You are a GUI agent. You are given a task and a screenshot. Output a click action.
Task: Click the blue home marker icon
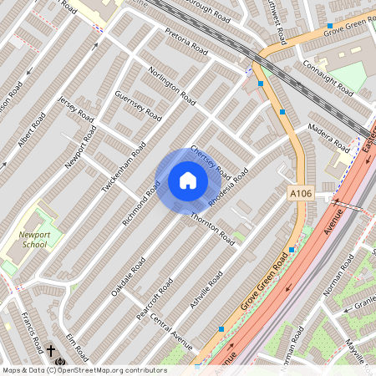[188, 180]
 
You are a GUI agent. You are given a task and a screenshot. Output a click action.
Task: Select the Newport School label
[34, 241]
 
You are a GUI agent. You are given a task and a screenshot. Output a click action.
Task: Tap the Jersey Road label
[72, 111]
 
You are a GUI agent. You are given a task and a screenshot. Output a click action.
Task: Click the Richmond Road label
[142, 194]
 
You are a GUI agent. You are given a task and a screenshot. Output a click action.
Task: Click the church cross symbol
[51, 350]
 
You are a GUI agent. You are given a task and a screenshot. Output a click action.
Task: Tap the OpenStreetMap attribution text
[84, 370]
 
